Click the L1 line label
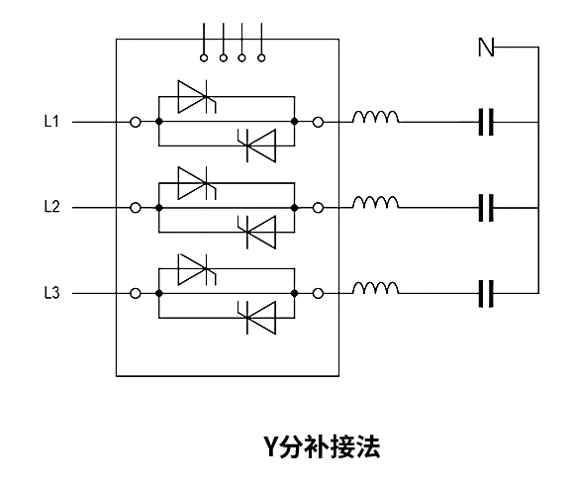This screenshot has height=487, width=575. tap(51, 121)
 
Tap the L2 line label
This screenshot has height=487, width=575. tap(51, 207)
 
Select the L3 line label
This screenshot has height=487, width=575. tap(51, 293)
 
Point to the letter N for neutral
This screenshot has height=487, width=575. tap(486, 48)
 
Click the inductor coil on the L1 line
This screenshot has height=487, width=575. tap(375, 117)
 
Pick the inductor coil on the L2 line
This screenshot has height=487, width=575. tap(375, 203)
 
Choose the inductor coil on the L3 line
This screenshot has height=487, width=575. tap(375, 288)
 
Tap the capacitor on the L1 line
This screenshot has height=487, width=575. tap(486, 122)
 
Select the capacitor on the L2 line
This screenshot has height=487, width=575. tap(486, 208)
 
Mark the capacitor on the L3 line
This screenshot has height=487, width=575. tap(486, 293)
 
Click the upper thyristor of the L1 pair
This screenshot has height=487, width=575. tap(197, 97)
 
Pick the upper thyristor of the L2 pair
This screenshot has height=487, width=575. tap(197, 183)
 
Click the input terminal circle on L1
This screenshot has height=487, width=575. tap(136, 122)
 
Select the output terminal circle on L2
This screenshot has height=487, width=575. tap(318, 208)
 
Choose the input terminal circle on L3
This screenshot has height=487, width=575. tap(136, 293)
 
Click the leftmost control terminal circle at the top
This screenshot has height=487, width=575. tap(204, 58)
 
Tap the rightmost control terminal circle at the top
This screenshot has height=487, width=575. tap(261, 58)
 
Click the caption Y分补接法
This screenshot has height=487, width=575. tap(322, 446)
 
